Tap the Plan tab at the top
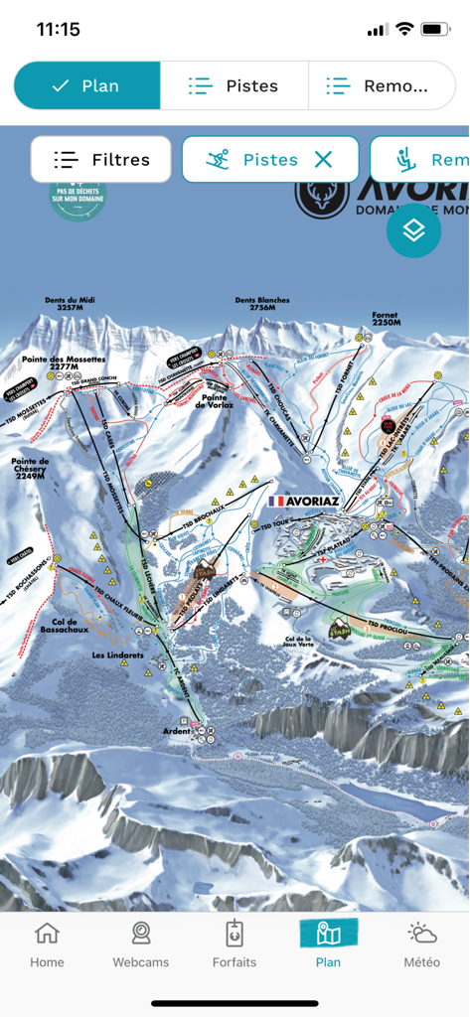tap(86, 86)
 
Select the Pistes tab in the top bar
tap(235, 86)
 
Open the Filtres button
tap(101, 159)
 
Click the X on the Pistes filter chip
tap(323, 159)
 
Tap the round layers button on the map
tap(413, 230)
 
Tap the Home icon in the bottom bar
tap(47, 944)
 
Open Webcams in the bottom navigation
tap(141, 944)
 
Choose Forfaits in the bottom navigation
tap(235, 944)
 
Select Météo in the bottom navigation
tap(421, 944)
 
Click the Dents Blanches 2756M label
tap(262, 304)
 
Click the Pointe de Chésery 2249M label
tap(31, 467)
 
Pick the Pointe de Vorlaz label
tap(215, 400)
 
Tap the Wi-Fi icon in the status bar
tap(403, 29)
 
